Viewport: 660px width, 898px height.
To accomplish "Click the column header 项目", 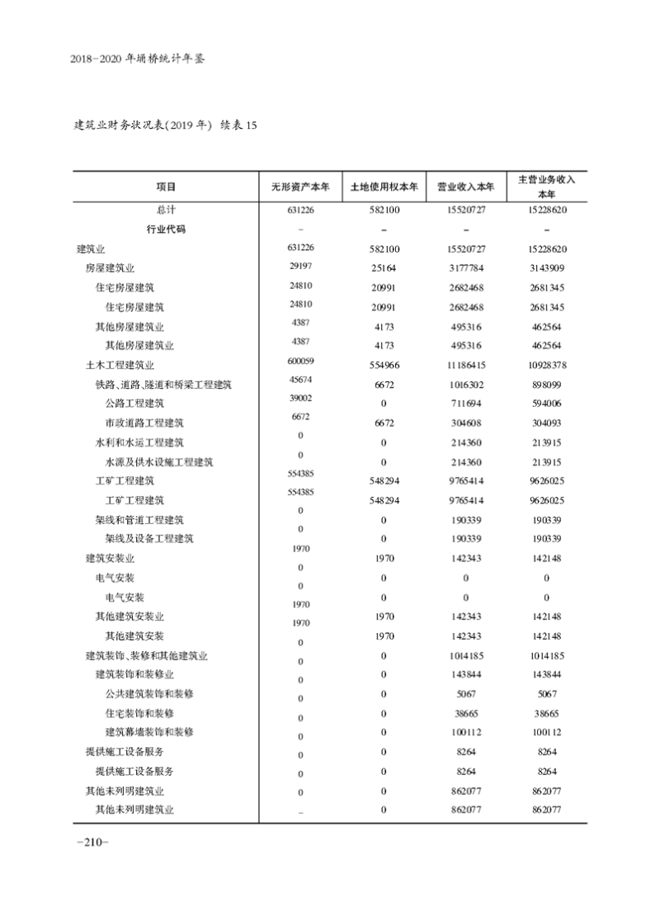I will click(x=165, y=187).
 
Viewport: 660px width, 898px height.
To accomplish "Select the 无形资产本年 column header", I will click(x=300, y=187).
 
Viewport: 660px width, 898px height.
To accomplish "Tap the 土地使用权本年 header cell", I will click(x=384, y=187).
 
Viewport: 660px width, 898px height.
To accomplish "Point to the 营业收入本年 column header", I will click(x=465, y=187).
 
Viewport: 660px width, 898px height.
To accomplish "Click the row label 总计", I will click(x=165, y=210).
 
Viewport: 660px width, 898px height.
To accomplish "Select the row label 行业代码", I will click(x=165, y=229).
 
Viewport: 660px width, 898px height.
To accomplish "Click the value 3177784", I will click(x=465, y=269).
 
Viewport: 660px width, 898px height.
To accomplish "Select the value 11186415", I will click(x=465, y=365).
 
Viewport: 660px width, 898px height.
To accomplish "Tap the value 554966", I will click(x=384, y=365).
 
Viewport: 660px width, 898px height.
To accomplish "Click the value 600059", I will click(x=300, y=361).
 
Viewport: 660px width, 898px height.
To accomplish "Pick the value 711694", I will click(x=465, y=404).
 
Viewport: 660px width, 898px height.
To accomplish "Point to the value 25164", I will click(x=384, y=269).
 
